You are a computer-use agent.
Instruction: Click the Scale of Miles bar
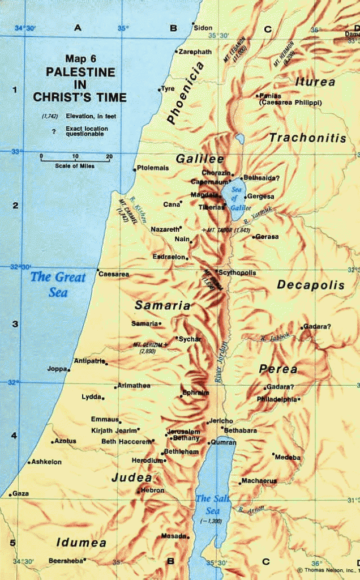75,160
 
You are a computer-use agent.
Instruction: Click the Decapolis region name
310,285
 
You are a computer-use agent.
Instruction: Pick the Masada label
173,535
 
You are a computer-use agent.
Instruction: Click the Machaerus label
259,481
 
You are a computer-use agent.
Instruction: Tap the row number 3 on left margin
15,324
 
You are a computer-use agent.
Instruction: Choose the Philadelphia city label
276,399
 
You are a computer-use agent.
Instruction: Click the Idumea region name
81,543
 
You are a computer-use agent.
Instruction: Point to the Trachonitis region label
307,138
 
